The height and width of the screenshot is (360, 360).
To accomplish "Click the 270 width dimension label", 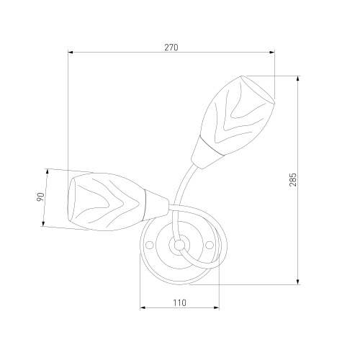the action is click(171, 48).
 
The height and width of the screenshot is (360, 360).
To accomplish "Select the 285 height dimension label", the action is click(293, 179).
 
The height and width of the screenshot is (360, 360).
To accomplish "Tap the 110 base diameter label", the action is click(180, 302).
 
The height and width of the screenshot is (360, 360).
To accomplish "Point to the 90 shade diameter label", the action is click(41, 197).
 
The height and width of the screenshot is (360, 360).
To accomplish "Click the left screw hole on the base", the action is click(150, 245).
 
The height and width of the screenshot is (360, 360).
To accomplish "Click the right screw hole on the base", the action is click(210, 245).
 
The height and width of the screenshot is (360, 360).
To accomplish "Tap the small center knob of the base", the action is click(179, 245).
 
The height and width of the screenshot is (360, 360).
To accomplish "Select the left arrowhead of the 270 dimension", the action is click(71, 52).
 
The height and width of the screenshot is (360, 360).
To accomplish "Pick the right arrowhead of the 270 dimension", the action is click(272, 52).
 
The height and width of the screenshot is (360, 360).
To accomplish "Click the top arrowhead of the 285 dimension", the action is click(297, 78).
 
